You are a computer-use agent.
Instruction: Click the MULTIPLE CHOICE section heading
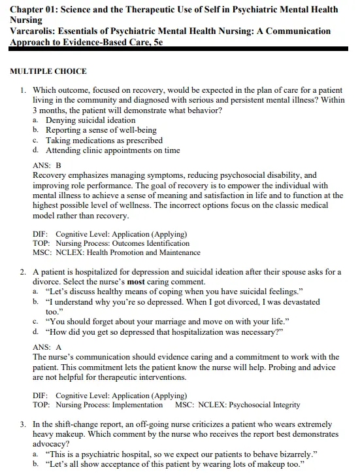pyautogui.click(x=48, y=71)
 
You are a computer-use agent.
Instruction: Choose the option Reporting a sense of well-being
pyautogui.click(x=101, y=130)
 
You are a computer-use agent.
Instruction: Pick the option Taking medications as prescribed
pyautogui.click(x=104, y=140)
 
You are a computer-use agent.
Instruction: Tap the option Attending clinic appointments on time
pyautogui.click(x=112, y=150)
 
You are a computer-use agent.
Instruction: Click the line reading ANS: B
pyautogui.click(x=46, y=165)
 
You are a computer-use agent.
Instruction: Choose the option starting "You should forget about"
pyautogui.click(x=167, y=321)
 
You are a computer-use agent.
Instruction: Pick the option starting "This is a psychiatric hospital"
pyautogui.click(x=180, y=453)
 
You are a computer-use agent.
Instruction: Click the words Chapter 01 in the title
pyautogui.click(x=34, y=9)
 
